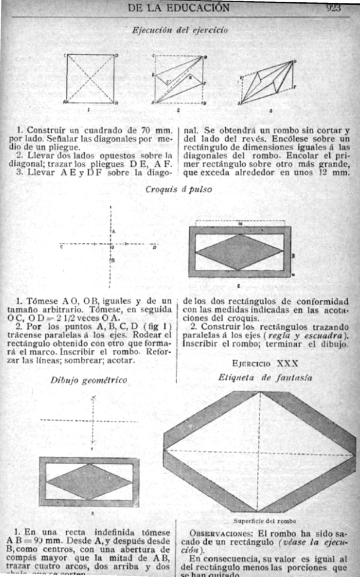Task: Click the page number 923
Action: click(x=333, y=8)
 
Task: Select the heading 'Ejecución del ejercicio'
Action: click(x=171, y=29)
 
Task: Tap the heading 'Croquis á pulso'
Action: click(x=179, y=189)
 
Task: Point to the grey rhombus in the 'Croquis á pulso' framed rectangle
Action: click(x=239, y=253)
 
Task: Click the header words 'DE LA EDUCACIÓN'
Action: click(x=178, y=8)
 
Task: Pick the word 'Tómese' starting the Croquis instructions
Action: click(x=39, y=300)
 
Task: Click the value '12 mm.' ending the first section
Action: click(x=336, y=172)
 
